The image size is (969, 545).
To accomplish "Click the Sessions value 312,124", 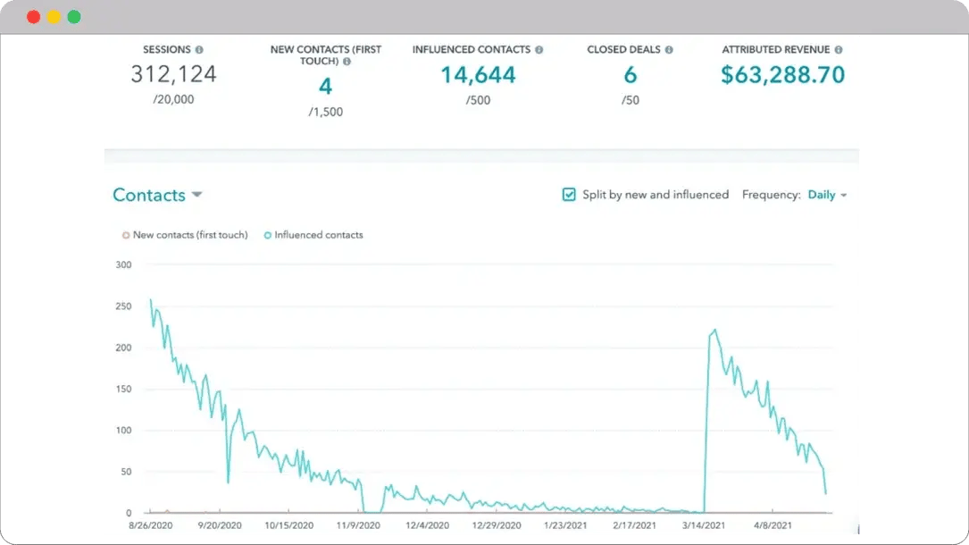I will pyautogui.click(x=173, y=74).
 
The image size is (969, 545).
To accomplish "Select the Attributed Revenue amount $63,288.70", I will pyautogui.click(x=782, y=75).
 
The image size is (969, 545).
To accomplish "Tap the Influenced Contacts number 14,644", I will pyautogui.click(x=478, y=75).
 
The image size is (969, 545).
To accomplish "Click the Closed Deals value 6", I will pyautogui.click(x=630, y=75).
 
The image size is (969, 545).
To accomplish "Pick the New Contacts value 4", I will pyautogui.click(x=325, y=87).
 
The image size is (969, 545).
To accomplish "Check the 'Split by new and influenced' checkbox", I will pyautogui.click(x=569, y=195).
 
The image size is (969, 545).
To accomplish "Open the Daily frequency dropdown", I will pyautogui.click(x=827, y=195).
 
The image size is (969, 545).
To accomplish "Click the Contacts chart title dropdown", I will pyautogui.click(x=157, y=196).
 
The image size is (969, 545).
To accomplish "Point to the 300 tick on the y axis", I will pyautogui.click(x=123, y=264).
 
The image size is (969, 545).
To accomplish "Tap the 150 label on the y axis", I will pyautogui.click(x=123, y=389).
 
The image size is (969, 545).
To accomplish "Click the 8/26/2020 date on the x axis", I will pyautogui.click(x=150, y=525).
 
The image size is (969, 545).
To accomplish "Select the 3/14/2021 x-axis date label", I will pyautogui.click(x=705, y=525).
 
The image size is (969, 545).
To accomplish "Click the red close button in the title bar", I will pyautogui.click(x=33, y=17).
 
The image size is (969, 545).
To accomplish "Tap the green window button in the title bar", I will pyautogui.click(x=74, y=17).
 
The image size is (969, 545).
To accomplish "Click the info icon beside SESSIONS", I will pyautogui.click(x=199, y=50).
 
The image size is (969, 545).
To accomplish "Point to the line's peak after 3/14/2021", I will pyautogui.click(x=714, y=330).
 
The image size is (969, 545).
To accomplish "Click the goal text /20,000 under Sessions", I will pyautogui.click(x=173, y=99).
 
